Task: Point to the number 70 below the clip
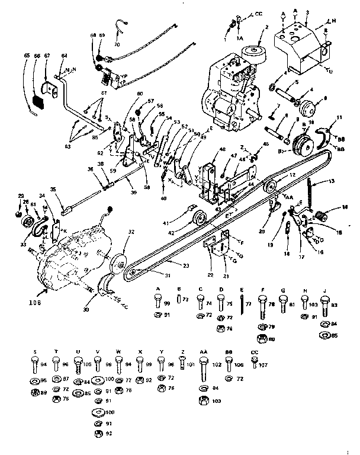pos(116,45)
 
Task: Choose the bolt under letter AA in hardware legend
pos(202,363)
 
